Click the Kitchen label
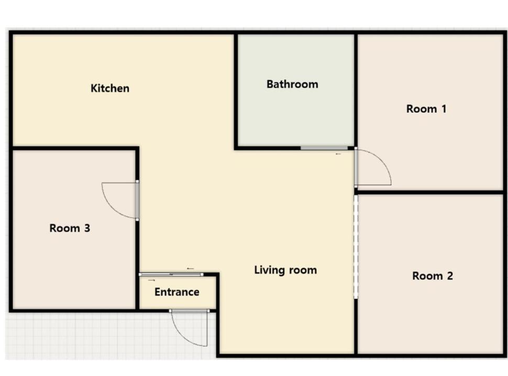[110, 88]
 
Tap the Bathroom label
[292, 84]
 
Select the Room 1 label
[426, 109]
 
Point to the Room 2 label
[433, 276]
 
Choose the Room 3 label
[70, 228]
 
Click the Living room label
[285, 270]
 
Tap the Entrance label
[177, 292]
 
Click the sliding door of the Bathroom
[324, 148]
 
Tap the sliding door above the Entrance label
[171, 274]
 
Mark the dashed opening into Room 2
[356, 246]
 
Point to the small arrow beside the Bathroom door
[338, 154]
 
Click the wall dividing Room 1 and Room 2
[430, 192]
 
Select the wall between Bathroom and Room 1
[356, 90]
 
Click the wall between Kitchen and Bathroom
[236, 91]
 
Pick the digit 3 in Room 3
[87, 228]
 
